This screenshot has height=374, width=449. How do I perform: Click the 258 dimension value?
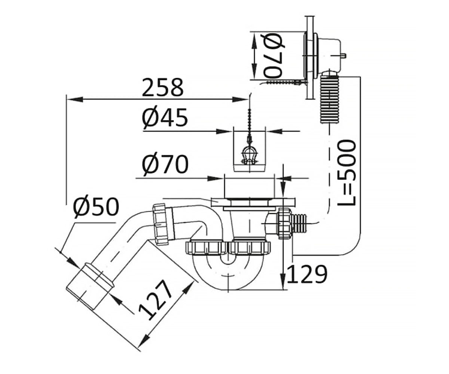pos(162,88)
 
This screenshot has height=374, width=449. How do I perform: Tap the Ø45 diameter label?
pos(165,117)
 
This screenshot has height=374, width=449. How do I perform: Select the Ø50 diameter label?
pos(96,206)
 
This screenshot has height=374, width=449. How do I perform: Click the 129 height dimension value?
pos(307,274)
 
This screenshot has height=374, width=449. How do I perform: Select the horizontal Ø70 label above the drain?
pos(165,164)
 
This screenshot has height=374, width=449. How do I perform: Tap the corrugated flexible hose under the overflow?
pos(329,98)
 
